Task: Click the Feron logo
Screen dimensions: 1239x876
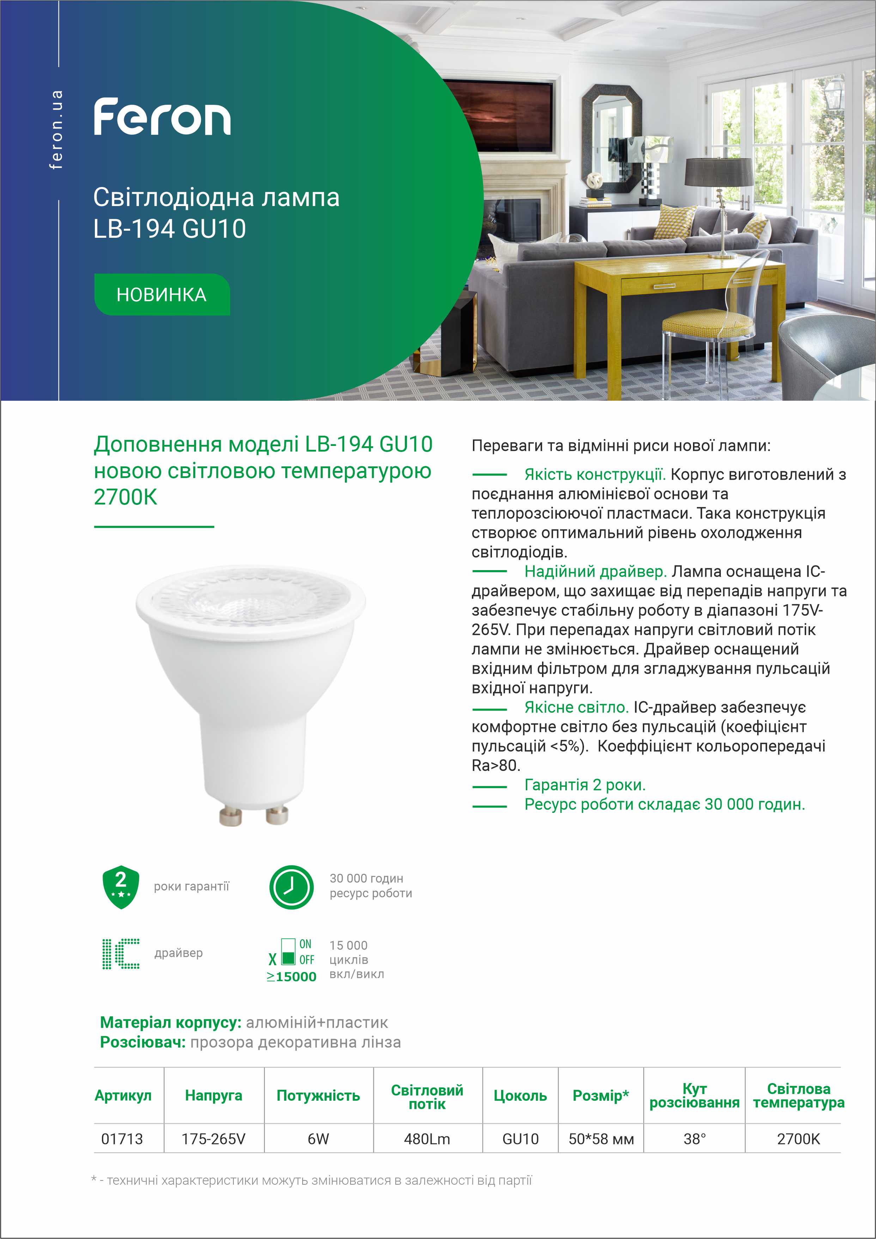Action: (x=162, y=116)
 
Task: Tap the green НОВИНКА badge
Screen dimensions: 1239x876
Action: (x=162, y=295)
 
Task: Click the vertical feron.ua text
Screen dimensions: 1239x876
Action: (x=56, y=129)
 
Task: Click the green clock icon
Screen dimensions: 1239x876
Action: (x=291, y=887)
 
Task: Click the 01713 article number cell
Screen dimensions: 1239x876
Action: (x=122, y=1138)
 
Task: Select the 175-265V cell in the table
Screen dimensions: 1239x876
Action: (x=214, y=1138)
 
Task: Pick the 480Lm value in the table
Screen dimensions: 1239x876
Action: (x=427, y=1138)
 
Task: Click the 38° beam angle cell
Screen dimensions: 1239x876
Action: (x=694, y=1138)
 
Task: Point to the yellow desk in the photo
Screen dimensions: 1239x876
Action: (x=674, y=280)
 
